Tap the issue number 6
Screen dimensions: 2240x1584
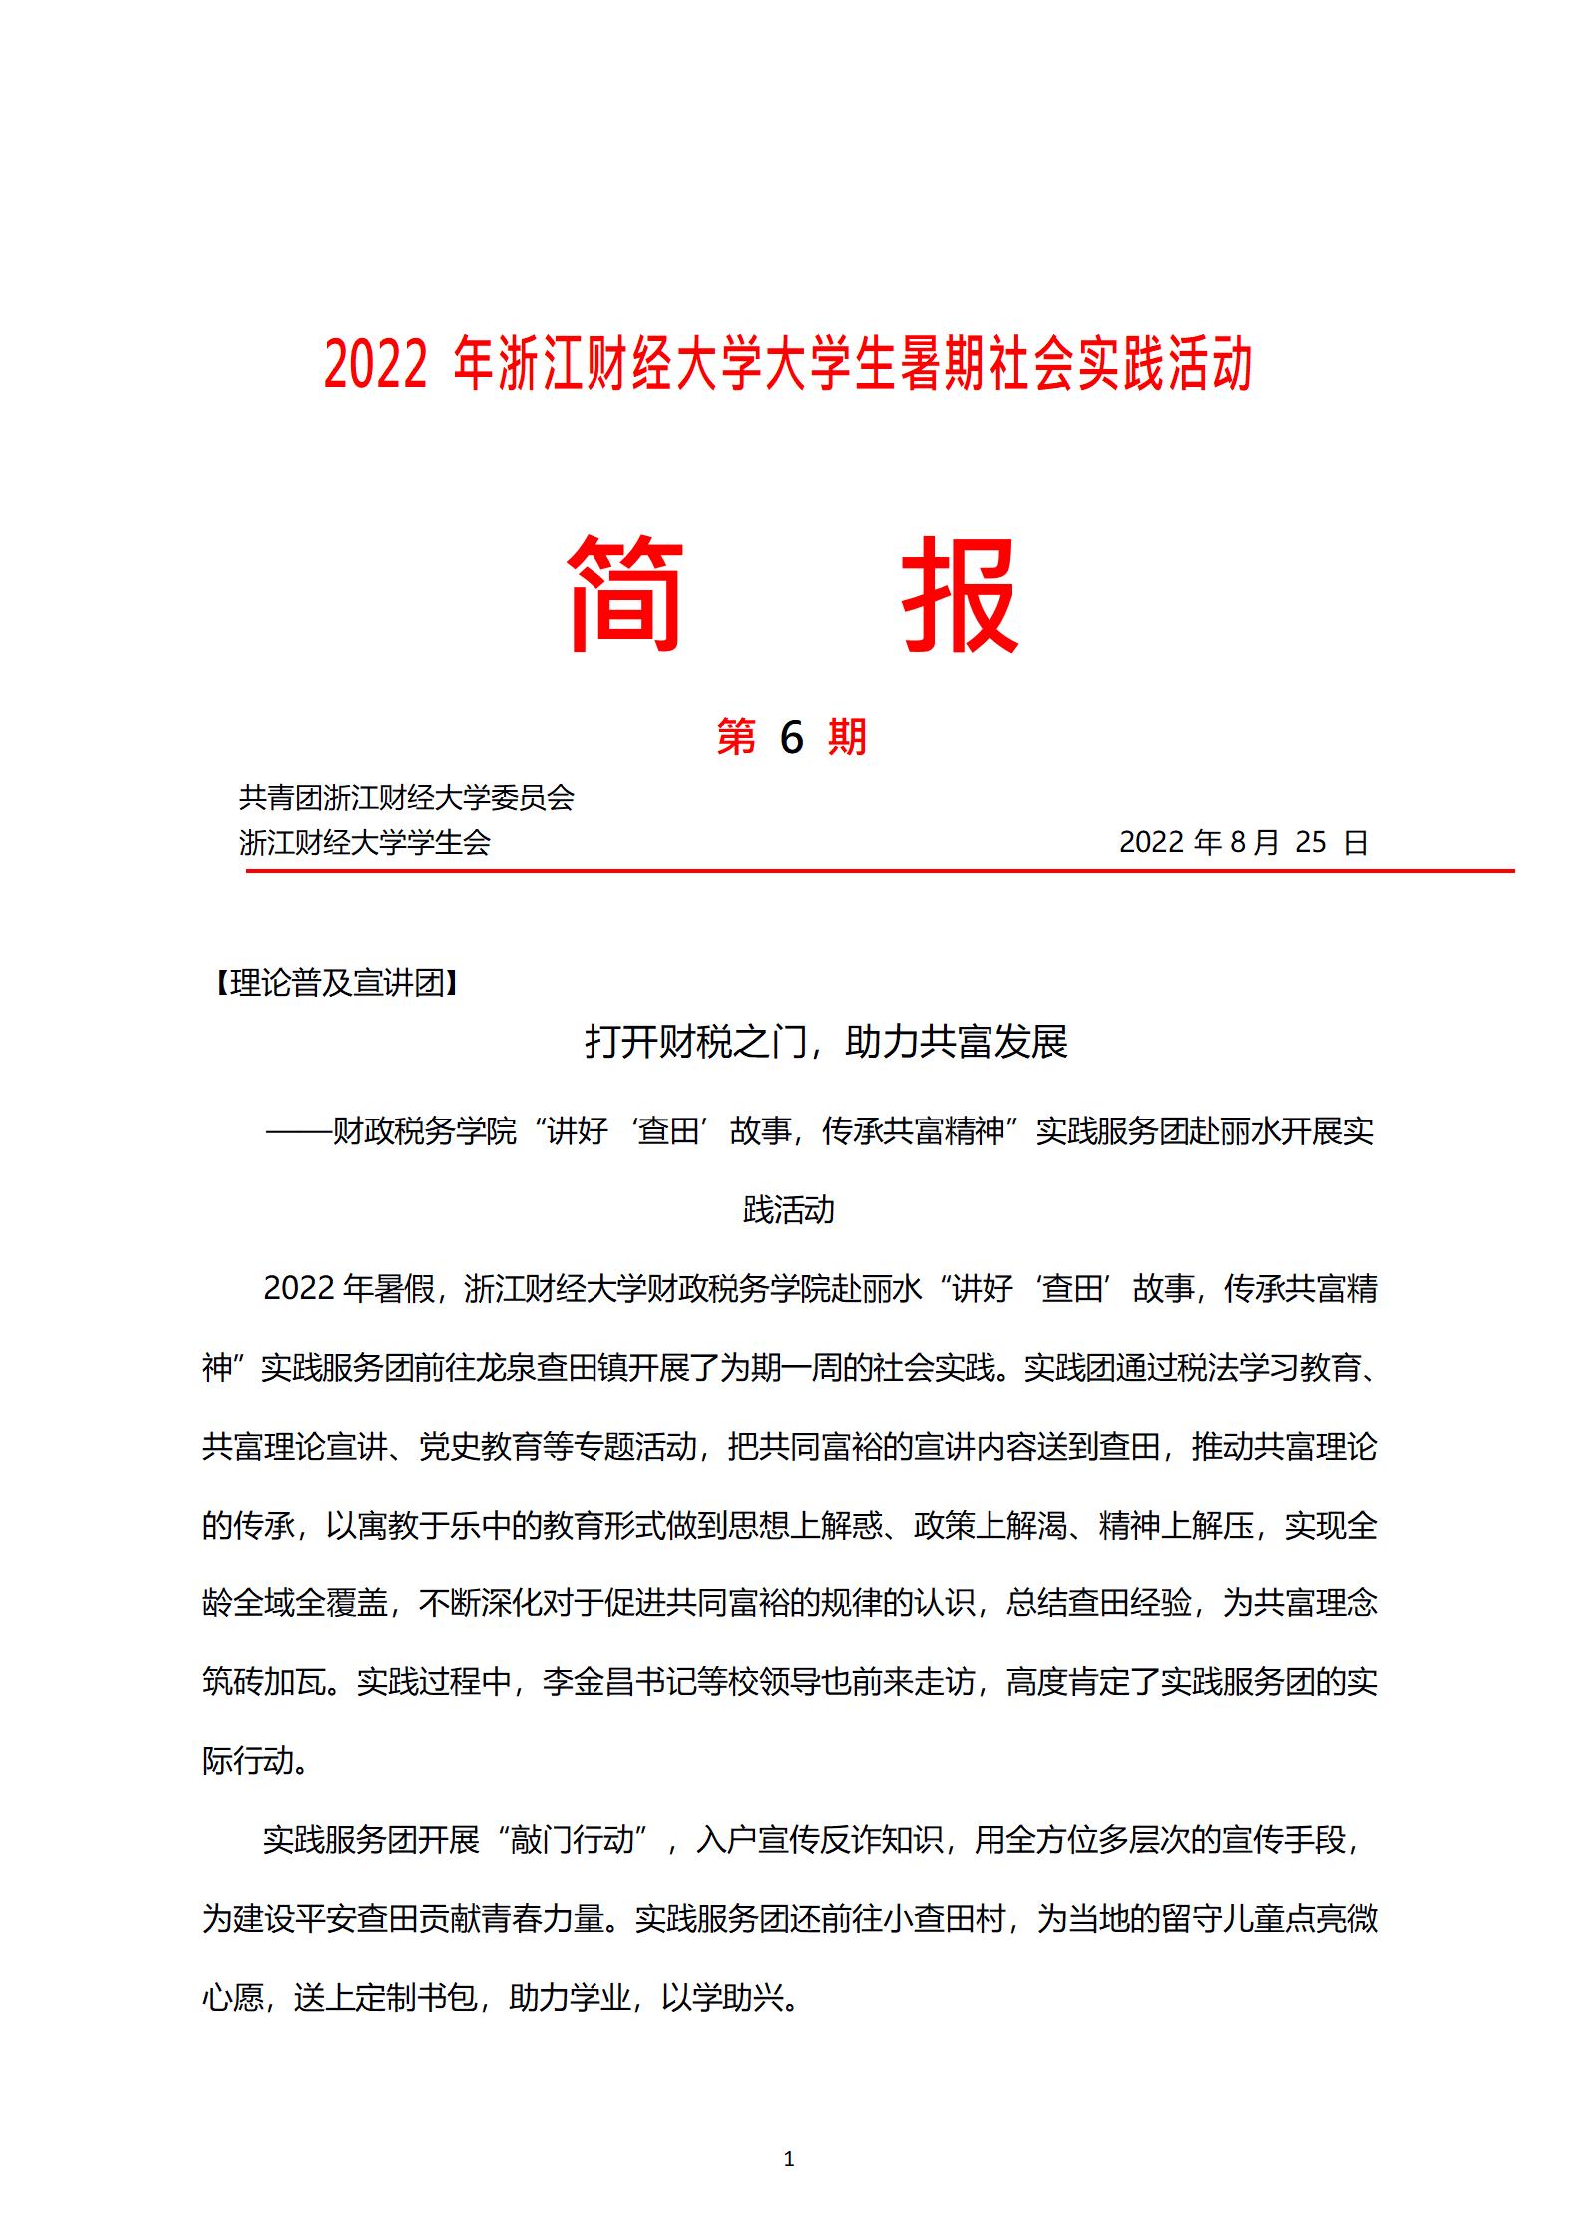[x=791, y=738]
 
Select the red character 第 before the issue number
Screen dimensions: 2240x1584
[x=736, y=738]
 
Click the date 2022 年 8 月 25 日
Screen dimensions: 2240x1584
[x=1242, y=842]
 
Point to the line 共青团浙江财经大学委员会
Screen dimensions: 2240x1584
[x=407, y=798]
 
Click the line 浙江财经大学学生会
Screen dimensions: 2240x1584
[x=365, y=843]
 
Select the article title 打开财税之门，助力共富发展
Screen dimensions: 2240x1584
[x=826, y=1042]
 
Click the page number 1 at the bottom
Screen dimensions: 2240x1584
[x=789, y=2159]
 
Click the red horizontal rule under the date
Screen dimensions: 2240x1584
[x=880, y=871]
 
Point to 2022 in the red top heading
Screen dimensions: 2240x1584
[x=375, y=365]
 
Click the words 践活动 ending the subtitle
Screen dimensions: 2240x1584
[x=789, y=1210]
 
